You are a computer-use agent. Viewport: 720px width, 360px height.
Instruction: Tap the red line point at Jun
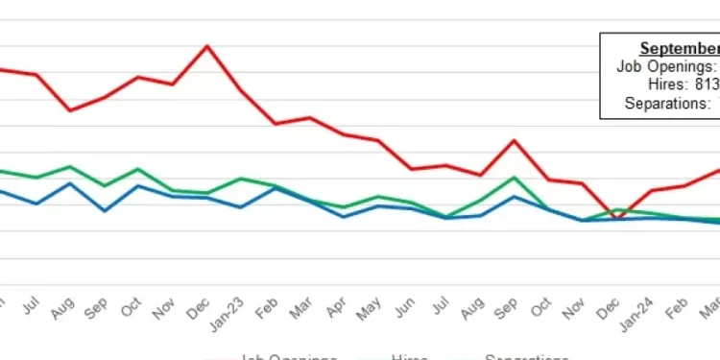(412, 169)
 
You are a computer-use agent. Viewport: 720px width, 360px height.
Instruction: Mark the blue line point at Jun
(412, 208)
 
